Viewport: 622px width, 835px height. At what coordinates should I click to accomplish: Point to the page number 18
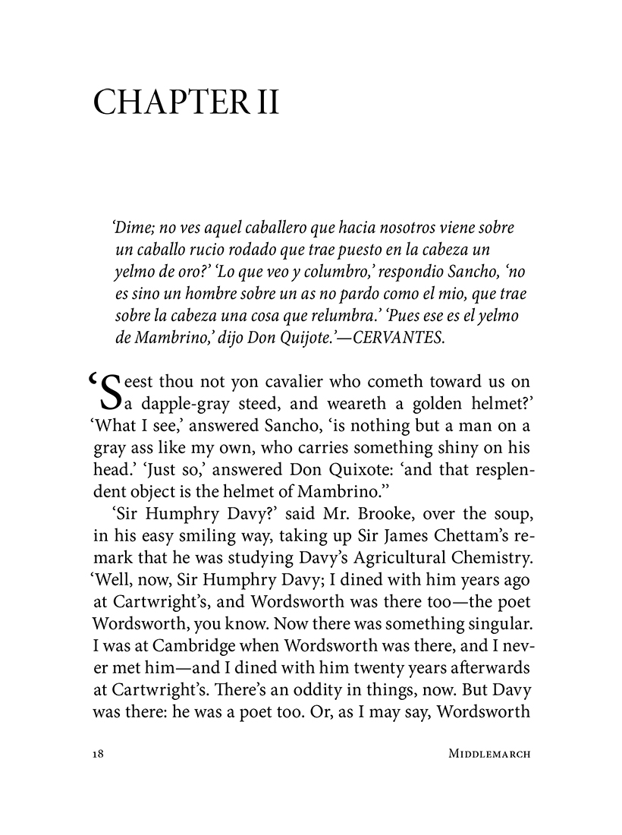coord(97,755)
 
